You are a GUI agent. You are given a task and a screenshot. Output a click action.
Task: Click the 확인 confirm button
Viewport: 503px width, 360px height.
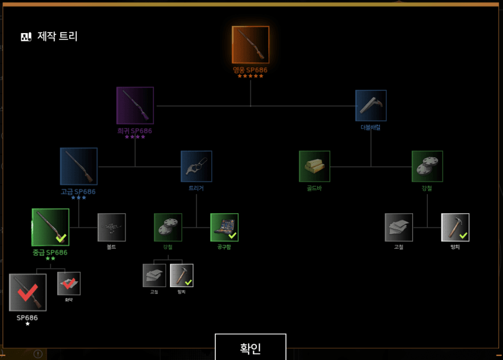tap(250, 348)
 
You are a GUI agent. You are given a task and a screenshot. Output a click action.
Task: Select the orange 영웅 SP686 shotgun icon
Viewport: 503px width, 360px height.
tap(250, 44)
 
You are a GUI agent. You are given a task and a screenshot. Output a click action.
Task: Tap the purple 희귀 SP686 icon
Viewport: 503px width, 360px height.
tap(135, 105)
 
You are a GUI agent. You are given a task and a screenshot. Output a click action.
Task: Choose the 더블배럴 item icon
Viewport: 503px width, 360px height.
tap(371, 105)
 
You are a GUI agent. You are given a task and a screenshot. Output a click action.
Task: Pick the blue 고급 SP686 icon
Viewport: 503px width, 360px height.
tap(79, 166)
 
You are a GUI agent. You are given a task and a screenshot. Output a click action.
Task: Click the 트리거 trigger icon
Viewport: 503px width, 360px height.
tap(196, 166)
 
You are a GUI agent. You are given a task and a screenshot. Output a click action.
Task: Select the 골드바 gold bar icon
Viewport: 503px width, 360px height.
tap(314, 166)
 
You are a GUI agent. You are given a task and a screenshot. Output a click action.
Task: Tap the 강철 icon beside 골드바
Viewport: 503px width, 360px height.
tap(427, 166)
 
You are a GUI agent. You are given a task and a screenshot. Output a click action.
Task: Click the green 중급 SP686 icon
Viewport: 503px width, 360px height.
tap(50, 227)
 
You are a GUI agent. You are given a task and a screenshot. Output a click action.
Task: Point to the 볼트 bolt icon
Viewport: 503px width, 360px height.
tap(112, 227)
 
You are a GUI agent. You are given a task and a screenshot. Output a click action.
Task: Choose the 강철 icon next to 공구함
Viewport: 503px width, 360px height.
tap(168, 227)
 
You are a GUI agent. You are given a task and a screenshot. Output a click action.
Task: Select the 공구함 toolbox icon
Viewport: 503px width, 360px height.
tap(224, 227)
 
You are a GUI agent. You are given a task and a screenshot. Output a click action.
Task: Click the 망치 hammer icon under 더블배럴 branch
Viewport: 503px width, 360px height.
tap(455, 227)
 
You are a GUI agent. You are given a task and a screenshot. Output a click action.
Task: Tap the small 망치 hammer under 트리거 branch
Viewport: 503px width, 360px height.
tap(182, 275)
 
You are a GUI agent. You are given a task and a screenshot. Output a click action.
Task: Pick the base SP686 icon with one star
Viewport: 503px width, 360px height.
tap(28, 292)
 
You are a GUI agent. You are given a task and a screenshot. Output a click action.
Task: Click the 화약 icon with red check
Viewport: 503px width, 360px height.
tap(69, 284)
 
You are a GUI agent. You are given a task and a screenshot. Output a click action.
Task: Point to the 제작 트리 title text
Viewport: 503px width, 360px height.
tap(57, 36)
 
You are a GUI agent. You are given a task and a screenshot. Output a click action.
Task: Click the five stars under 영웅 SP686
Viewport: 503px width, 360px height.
tap(250, 76)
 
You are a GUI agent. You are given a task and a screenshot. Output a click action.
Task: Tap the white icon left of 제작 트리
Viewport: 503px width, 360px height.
tap(26, 37)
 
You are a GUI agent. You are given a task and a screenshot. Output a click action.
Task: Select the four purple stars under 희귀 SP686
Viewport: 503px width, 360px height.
tap(135, 137)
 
